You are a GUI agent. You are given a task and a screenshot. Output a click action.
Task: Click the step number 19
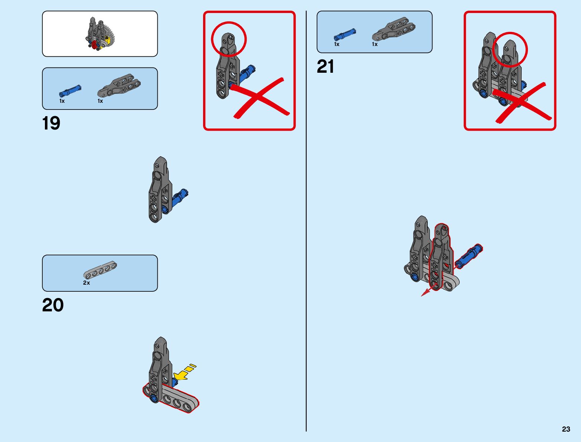tap(51, 123)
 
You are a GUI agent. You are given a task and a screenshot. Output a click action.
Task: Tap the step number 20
tap(53, 305)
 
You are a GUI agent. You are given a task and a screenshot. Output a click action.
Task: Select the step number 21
tap(325, 67)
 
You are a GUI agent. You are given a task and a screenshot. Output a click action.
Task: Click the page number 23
tap(566, 429)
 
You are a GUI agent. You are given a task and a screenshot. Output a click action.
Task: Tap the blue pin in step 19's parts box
tap(70, 91)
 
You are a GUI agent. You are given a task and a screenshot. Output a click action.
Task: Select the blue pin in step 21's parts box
tap(345, 35)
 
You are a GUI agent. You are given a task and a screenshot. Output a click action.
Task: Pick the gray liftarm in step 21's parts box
tap(394, 29)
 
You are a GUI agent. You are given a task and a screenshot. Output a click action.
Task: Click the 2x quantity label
tap(86, 283)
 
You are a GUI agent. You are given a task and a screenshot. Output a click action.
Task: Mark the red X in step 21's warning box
tap(522, 102)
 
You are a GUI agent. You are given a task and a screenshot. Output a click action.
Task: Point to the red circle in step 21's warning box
tap(510, 49)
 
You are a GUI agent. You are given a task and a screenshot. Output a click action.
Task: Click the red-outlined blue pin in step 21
tap(469, 256)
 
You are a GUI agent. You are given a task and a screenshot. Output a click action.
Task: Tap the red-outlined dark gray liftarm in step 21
tap(440, 256)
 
